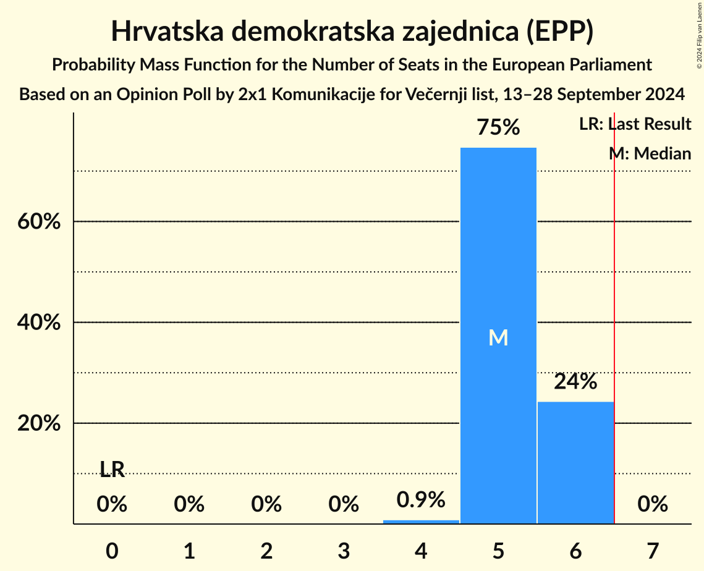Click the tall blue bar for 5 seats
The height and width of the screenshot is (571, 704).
(498, 278)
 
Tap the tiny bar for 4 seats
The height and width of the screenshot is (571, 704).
(421, 522)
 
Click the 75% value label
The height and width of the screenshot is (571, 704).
(498, 128)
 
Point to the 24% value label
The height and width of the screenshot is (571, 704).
(575, 382)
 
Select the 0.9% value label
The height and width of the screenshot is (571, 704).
(421, 500)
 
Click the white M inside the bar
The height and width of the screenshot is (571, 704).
(498, 337)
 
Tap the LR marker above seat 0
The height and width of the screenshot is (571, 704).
(112, 470)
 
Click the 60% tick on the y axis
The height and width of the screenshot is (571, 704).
(39, 221)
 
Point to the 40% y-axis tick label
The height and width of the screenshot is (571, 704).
(39, 323)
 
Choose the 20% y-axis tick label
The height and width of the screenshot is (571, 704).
(39, 424)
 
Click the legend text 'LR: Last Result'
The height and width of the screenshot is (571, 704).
(635, 124)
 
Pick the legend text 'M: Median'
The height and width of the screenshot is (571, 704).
(650, 153)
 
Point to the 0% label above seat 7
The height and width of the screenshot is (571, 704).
(653, 504)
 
